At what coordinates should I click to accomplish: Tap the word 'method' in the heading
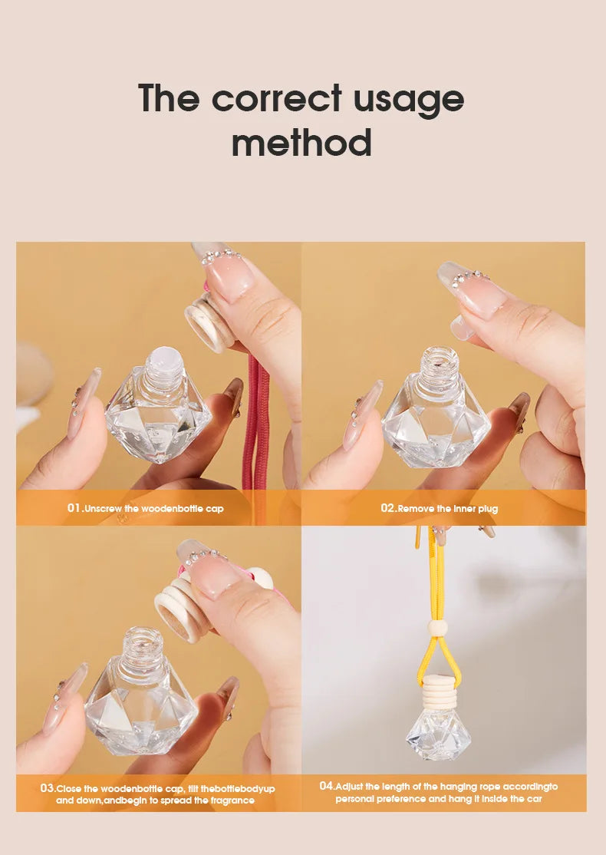point(301,143)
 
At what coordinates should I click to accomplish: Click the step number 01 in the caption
point(74,508)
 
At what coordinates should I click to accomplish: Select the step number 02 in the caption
point(388,508)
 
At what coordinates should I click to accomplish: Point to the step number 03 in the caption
point(48,788)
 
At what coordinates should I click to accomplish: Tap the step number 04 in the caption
point(327,786)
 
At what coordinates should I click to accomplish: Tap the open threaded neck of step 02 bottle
point(439,362)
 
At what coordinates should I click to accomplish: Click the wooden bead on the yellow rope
point(438,629)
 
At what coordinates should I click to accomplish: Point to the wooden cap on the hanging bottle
point(437,690)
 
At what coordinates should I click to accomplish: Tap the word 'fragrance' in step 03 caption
point(229,801)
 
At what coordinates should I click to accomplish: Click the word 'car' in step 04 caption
point(534,799)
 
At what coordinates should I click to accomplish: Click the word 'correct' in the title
point(277,100)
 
